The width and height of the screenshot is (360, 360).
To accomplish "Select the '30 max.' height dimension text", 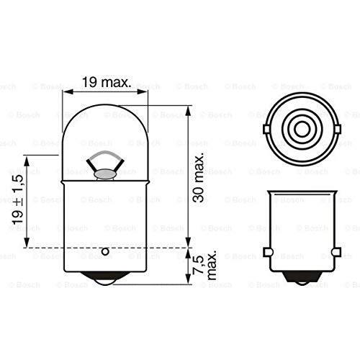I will [x=199, y=177].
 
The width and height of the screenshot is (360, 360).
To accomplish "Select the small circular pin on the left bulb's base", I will [x=105, y=251].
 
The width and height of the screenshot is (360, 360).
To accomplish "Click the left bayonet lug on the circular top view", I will [x=266, y=130].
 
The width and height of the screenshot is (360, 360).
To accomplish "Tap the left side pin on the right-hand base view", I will [x=267, y=252].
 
